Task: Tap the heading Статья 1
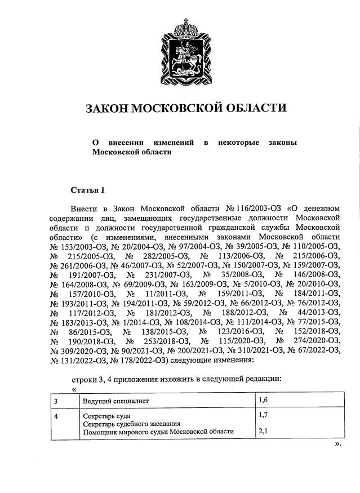[x=87, y=189]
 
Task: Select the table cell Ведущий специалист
[x=115, y=401]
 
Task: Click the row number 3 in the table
[x=56, y=401]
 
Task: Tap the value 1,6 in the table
[x=263, y=401]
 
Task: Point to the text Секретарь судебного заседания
[x=131, y=424]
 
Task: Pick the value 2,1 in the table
[x=263, y=432]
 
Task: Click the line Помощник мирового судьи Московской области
[x=158, y=432]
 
